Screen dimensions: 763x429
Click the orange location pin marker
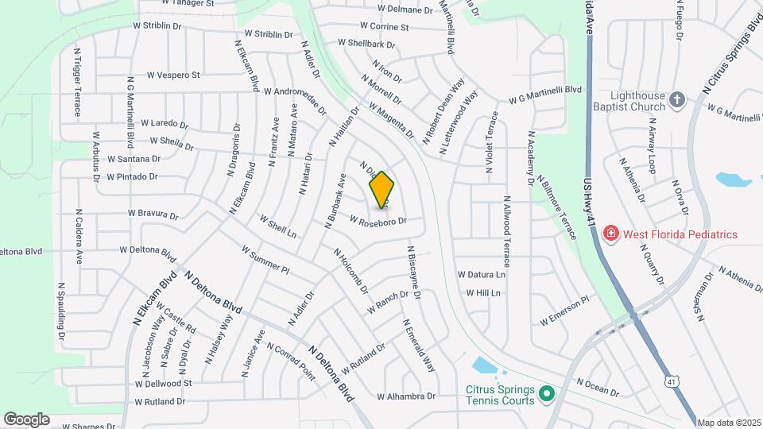[381, 190]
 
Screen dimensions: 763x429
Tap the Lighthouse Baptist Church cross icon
[676, 99]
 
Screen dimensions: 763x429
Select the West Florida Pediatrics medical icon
[610, 234]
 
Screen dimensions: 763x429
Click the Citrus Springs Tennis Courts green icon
[546, 393]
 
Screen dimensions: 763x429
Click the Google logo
[26, 419]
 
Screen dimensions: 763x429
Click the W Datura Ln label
[481, 274]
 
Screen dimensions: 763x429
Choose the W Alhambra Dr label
[406, 396]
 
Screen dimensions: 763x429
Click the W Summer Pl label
[265, 260]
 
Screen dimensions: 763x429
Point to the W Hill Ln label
[483, 293]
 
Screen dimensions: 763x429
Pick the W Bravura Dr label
[153, 214]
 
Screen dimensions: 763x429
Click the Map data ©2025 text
[729, 423]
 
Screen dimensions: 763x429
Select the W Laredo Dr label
[165, 124]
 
